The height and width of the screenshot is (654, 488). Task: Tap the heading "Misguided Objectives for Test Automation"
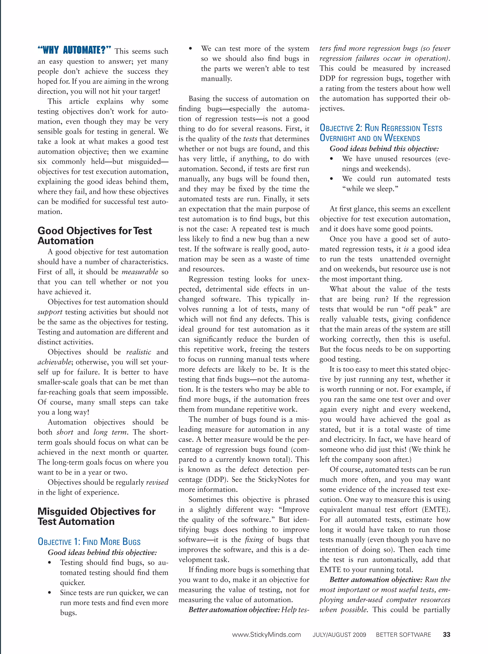coord(96,517)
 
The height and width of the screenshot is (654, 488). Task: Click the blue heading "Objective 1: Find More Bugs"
coord(89,541)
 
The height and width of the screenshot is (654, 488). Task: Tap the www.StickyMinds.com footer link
coord(266,634)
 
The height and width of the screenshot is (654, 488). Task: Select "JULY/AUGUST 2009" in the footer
coord(339,634)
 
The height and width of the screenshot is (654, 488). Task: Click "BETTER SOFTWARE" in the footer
coord(403,634)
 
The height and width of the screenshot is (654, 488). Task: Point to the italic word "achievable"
coord(54,362)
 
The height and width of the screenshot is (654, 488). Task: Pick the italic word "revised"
coord(157,482)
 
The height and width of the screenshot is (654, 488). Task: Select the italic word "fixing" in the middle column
coord(254,539)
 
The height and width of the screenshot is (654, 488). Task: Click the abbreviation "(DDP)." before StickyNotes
coord(217,479)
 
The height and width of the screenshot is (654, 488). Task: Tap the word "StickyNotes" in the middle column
coord(278,479)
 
